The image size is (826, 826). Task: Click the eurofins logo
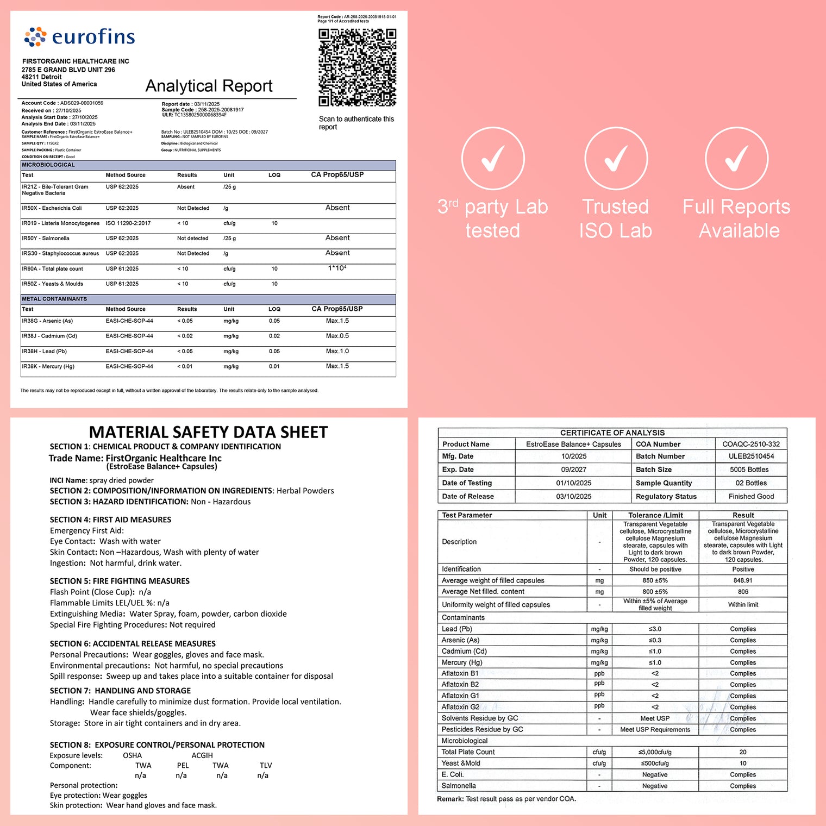tap(79, 37)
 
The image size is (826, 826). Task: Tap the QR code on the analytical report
tap(357, 67)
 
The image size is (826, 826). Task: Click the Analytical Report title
tap(209, 86)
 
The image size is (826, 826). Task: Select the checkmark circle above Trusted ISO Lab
tap(616, 159)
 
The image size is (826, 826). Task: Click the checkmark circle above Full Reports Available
tap(736, 159)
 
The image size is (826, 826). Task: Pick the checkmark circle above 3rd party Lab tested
tap(493, 159)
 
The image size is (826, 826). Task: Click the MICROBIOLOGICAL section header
tap(48, 165)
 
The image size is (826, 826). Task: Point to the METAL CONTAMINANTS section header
tap(54, 299)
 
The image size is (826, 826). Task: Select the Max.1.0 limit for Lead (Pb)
tap(337, 351)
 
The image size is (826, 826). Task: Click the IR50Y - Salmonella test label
tap(46, 238)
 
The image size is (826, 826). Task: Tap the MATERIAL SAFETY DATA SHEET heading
tap(208, 432)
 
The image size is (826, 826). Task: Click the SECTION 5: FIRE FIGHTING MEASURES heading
tap(120, 581)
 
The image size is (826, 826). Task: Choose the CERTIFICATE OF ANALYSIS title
tap(612, 433)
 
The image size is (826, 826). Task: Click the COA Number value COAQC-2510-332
tap(751, 444)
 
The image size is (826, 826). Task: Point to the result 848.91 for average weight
tap(743, 580)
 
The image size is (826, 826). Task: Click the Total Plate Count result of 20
tap(743, 752)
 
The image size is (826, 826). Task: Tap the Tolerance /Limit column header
tap(655, 515)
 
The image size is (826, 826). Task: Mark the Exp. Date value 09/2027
tap(574, 470)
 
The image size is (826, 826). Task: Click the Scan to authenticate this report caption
tap(356, 123)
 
